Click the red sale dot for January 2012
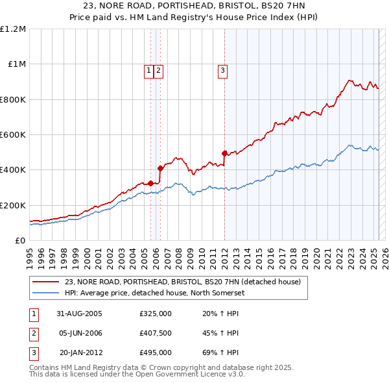[x=224, y=153]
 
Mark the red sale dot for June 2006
[x=160, y=169]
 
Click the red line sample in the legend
[x=46, y=282]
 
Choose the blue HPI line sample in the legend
[x=46, y=293]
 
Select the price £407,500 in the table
[x=156, y=333]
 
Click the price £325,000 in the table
[x=156, y=314]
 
